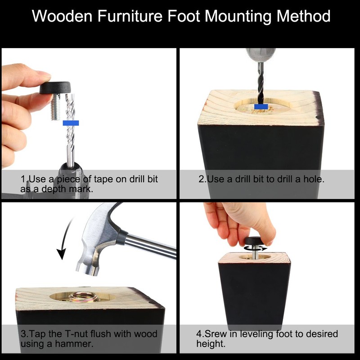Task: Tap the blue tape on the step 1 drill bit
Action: [71, 122]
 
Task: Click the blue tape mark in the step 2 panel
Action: [261, 106]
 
